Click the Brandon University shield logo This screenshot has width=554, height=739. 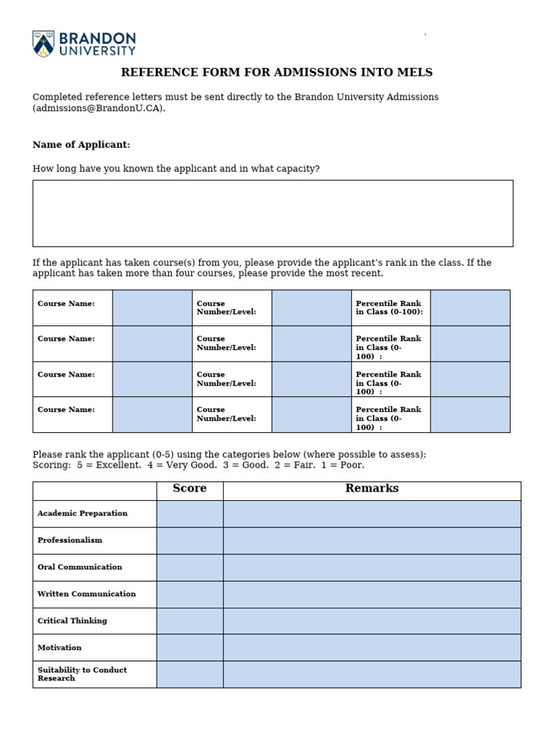point(43,43)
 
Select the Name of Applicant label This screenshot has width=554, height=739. point(82,145)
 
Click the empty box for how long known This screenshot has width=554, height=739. point(273,214)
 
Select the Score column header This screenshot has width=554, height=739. point(190,489)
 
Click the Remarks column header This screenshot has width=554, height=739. point(371,489)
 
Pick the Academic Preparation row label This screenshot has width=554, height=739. point(82,514)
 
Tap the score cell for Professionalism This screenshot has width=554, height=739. point(190,541)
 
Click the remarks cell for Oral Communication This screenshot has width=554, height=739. point(371,567)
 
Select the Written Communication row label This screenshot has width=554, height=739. point(87,594)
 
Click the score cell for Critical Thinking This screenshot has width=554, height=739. point(190,621)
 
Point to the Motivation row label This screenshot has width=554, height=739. point(60,647)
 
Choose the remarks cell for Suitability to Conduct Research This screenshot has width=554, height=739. point(371,674)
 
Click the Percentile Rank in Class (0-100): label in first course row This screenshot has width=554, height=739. point(390,308)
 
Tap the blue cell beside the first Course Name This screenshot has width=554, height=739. point(152,308)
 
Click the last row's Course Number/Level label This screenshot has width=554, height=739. point(226,414)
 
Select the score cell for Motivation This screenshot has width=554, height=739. point(190,647)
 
